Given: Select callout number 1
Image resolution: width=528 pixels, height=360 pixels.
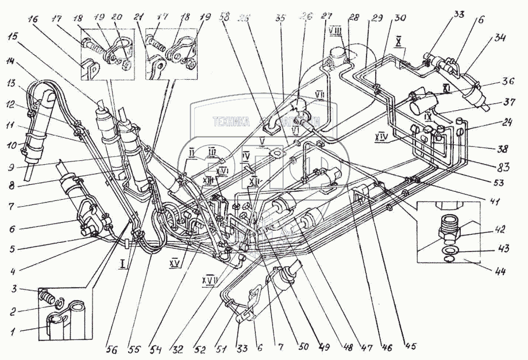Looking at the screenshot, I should (9, 332).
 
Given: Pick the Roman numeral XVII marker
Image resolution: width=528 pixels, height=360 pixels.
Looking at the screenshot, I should (209, 279).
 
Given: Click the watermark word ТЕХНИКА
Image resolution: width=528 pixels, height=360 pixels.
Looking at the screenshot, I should (232, 122).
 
